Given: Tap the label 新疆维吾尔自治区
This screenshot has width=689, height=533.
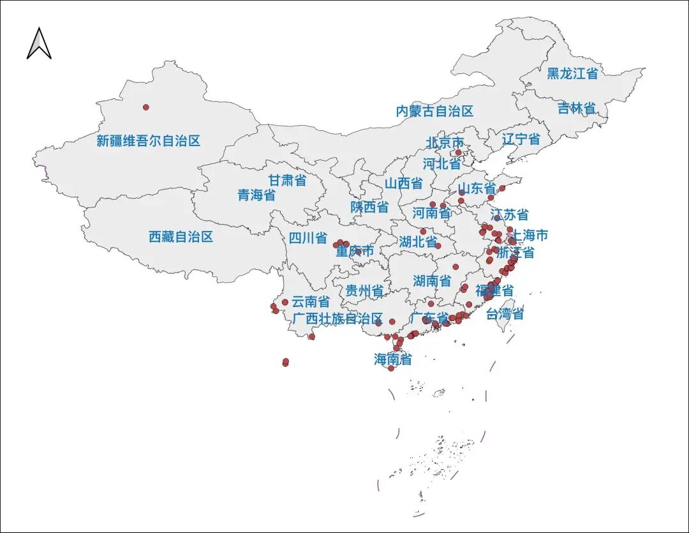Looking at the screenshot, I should click(148, 141).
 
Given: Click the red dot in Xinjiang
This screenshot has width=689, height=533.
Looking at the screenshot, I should click(145, 107).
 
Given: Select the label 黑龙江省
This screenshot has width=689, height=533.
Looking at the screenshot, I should click(572, 73).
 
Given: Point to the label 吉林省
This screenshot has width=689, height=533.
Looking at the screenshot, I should click(576, 108).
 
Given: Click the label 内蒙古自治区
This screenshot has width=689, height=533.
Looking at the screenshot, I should click(434, 111).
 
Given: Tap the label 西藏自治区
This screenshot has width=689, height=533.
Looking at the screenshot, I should click(181, 237).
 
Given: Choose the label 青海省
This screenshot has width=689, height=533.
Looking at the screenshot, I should click(256, 195).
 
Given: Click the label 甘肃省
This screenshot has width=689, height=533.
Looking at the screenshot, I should click(286, 180).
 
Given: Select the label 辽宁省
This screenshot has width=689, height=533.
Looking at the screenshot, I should click(521, 139).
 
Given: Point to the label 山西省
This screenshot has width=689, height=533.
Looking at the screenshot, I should click(403, 183).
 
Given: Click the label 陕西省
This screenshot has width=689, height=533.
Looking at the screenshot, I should click(369, 207).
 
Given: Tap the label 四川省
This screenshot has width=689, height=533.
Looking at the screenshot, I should click(307, 238).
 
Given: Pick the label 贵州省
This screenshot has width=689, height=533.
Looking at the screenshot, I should click(364, 291).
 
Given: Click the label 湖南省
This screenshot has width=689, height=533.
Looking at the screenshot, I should click(431, 280).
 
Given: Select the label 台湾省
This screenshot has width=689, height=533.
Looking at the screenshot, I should click(505, 314).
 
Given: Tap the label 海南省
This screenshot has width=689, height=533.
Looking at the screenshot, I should click(392, 359).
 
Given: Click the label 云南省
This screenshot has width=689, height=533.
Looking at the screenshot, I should click(311, 301).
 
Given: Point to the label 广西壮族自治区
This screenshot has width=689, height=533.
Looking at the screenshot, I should click(337, 319).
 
